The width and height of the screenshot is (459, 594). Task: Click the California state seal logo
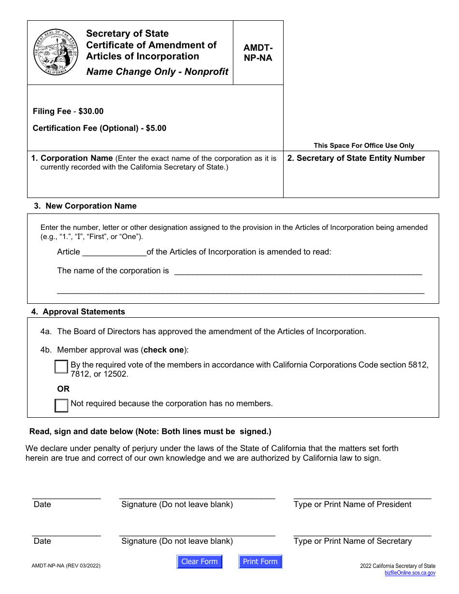56,52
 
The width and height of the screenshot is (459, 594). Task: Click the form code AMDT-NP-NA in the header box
258,53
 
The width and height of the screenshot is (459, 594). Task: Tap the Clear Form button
199,562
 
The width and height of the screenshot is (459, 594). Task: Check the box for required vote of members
61,367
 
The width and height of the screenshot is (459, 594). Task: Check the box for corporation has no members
61,405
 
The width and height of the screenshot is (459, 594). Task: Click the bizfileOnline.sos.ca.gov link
410,573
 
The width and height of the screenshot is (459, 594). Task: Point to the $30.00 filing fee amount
91,111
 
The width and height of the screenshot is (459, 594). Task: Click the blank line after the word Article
114,252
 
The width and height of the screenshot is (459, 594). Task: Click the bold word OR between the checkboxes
63,389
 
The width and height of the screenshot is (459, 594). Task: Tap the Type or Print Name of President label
352,504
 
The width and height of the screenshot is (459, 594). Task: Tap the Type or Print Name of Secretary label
352,541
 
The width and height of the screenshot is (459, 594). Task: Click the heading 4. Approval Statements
78,311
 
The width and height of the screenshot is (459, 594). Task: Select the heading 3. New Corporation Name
85,206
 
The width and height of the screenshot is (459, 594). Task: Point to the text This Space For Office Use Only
363,145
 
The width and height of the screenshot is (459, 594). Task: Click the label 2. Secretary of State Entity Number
356,158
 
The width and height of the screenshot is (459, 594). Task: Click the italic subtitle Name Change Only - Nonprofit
157,71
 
